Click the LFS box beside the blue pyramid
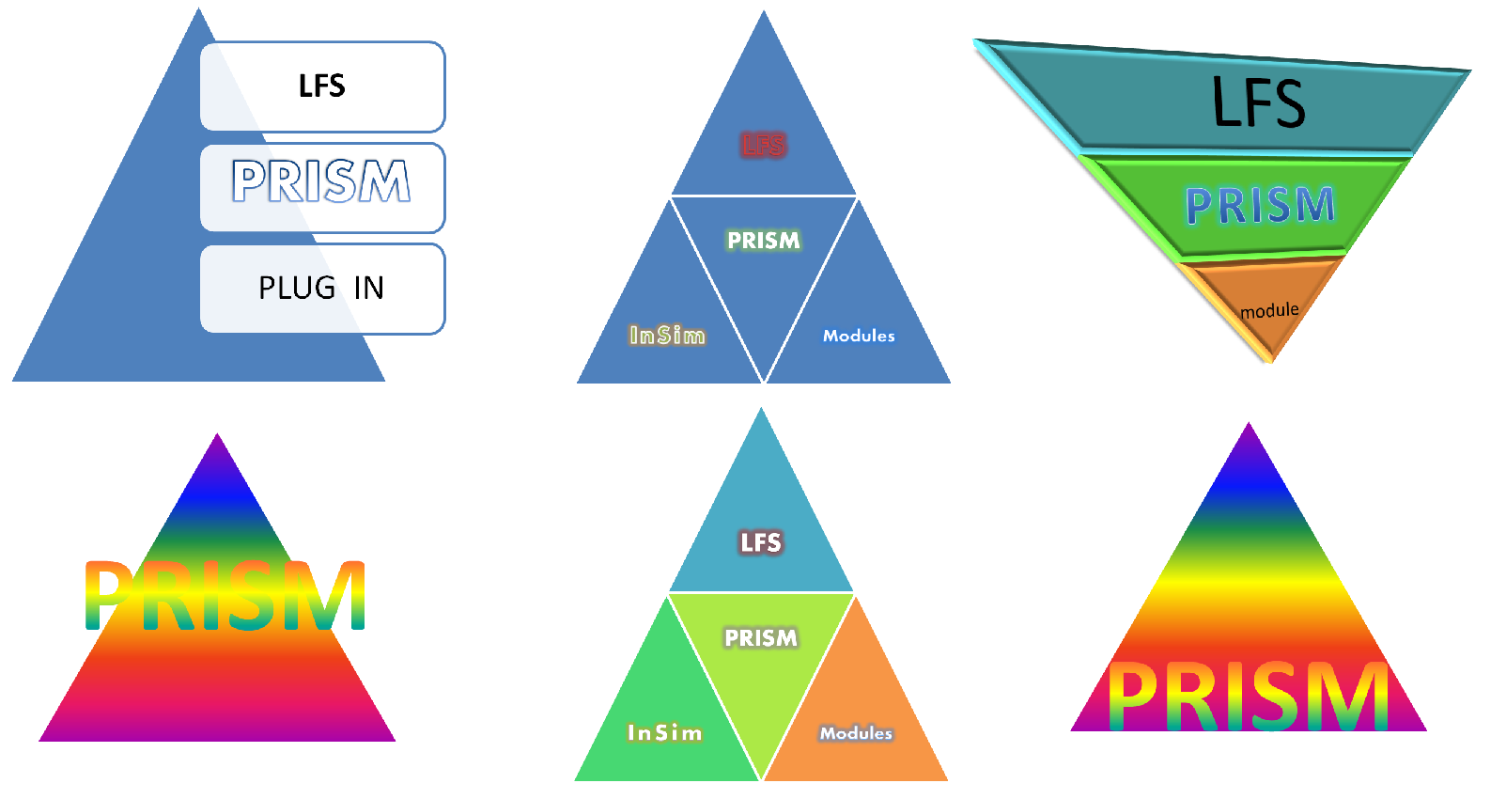click(x=321, y=86)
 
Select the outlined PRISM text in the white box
click(x=321, y=181)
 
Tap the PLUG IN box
click(x=321, y=288)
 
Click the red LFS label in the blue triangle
click(x=763, y=145)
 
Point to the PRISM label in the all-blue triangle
click(x=764, y=241)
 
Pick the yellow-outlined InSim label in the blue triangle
click(x=667, y=336)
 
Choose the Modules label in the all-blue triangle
click(x=859, y=336)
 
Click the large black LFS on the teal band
click(x=1258, y=102)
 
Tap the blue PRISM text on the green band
click(x=1260, y=205)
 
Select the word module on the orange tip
click(x=1269, y=310)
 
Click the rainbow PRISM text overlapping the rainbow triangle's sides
click(x=225, y=596)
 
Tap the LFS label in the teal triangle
click(x=760, y=542)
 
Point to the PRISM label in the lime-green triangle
click(x=761, y=638)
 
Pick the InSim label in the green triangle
click(x=664, y=732)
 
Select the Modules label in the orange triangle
click(x=856, y=733)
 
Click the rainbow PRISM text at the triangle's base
click(x=1248, y=697)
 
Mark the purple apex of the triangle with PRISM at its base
click(x=1249, y=434)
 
